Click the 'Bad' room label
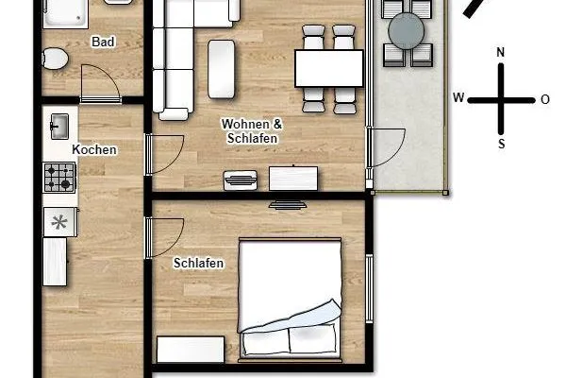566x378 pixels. [x=103, y=43]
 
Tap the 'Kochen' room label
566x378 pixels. [x=94, y=150]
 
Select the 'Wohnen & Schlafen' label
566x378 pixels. [x=252, y=131]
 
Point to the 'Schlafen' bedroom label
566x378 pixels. [x=199, y=264]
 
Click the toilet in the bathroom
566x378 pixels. [x=56, y=58]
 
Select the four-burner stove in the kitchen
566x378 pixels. [x=59, y=177]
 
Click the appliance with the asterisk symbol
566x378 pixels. [x=59, y=223]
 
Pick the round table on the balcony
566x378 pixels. [x=407, y=32]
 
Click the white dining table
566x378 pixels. [x=329, y=67]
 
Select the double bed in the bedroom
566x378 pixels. [x=290, y=299]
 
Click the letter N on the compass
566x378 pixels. [x=501, y=53]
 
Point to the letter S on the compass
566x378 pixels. [x=501, y=145]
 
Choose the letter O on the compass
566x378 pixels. [x=545, y=98]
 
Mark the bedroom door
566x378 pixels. [x=166, y=237]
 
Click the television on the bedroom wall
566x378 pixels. [x=286, y=204]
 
